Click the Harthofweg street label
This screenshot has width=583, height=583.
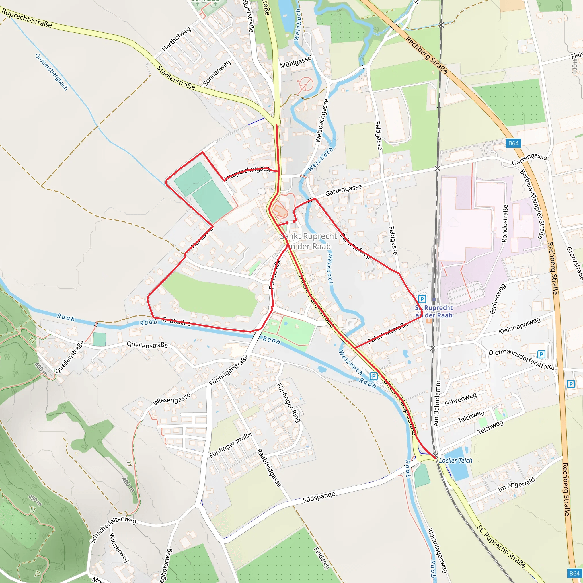(176, 39)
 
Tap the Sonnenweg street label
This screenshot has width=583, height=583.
(217, 73)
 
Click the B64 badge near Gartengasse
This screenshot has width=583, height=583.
(513, 143)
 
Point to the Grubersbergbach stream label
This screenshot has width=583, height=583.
(51, 72)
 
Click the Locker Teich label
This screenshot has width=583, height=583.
(455, 461)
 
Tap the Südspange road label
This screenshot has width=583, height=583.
(319, 497)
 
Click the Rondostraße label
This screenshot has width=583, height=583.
(504, 223)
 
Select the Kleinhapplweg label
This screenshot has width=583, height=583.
(519, 326)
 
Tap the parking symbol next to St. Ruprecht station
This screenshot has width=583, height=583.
(422, 299)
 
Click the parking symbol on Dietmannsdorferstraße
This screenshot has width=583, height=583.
(541, 354)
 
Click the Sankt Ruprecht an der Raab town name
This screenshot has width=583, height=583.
(308, 241)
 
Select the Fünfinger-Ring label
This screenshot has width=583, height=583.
(288, 403)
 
